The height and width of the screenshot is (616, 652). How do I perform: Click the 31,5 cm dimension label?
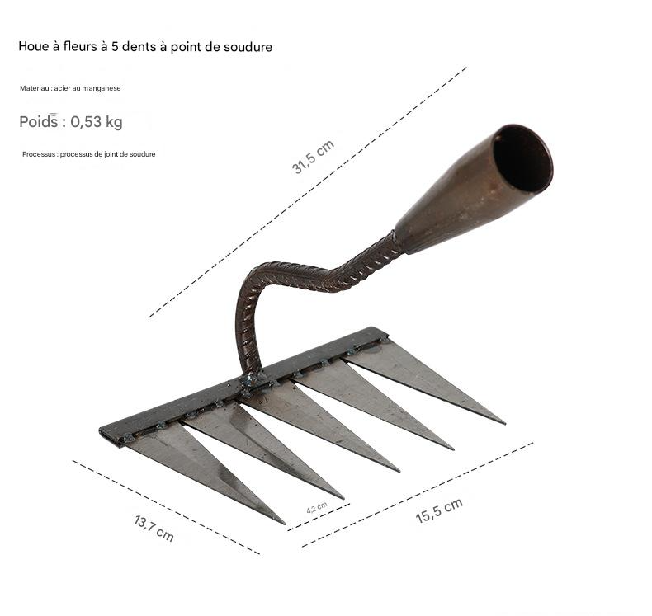tap(313, 157)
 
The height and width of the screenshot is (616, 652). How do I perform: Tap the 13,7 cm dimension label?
tap(154, 529)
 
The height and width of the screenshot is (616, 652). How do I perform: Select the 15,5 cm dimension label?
tap(439, 510)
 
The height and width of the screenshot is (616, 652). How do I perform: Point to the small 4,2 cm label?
tap(317, 508)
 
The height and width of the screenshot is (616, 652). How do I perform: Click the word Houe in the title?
tap(34, 46)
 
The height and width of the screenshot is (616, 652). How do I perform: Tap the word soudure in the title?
tap(248, 46)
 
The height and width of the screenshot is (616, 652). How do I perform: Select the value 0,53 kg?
tap(97, 122)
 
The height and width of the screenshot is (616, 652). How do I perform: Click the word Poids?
tap(39, 122)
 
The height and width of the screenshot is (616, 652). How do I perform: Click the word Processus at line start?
tap(39, 154)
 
